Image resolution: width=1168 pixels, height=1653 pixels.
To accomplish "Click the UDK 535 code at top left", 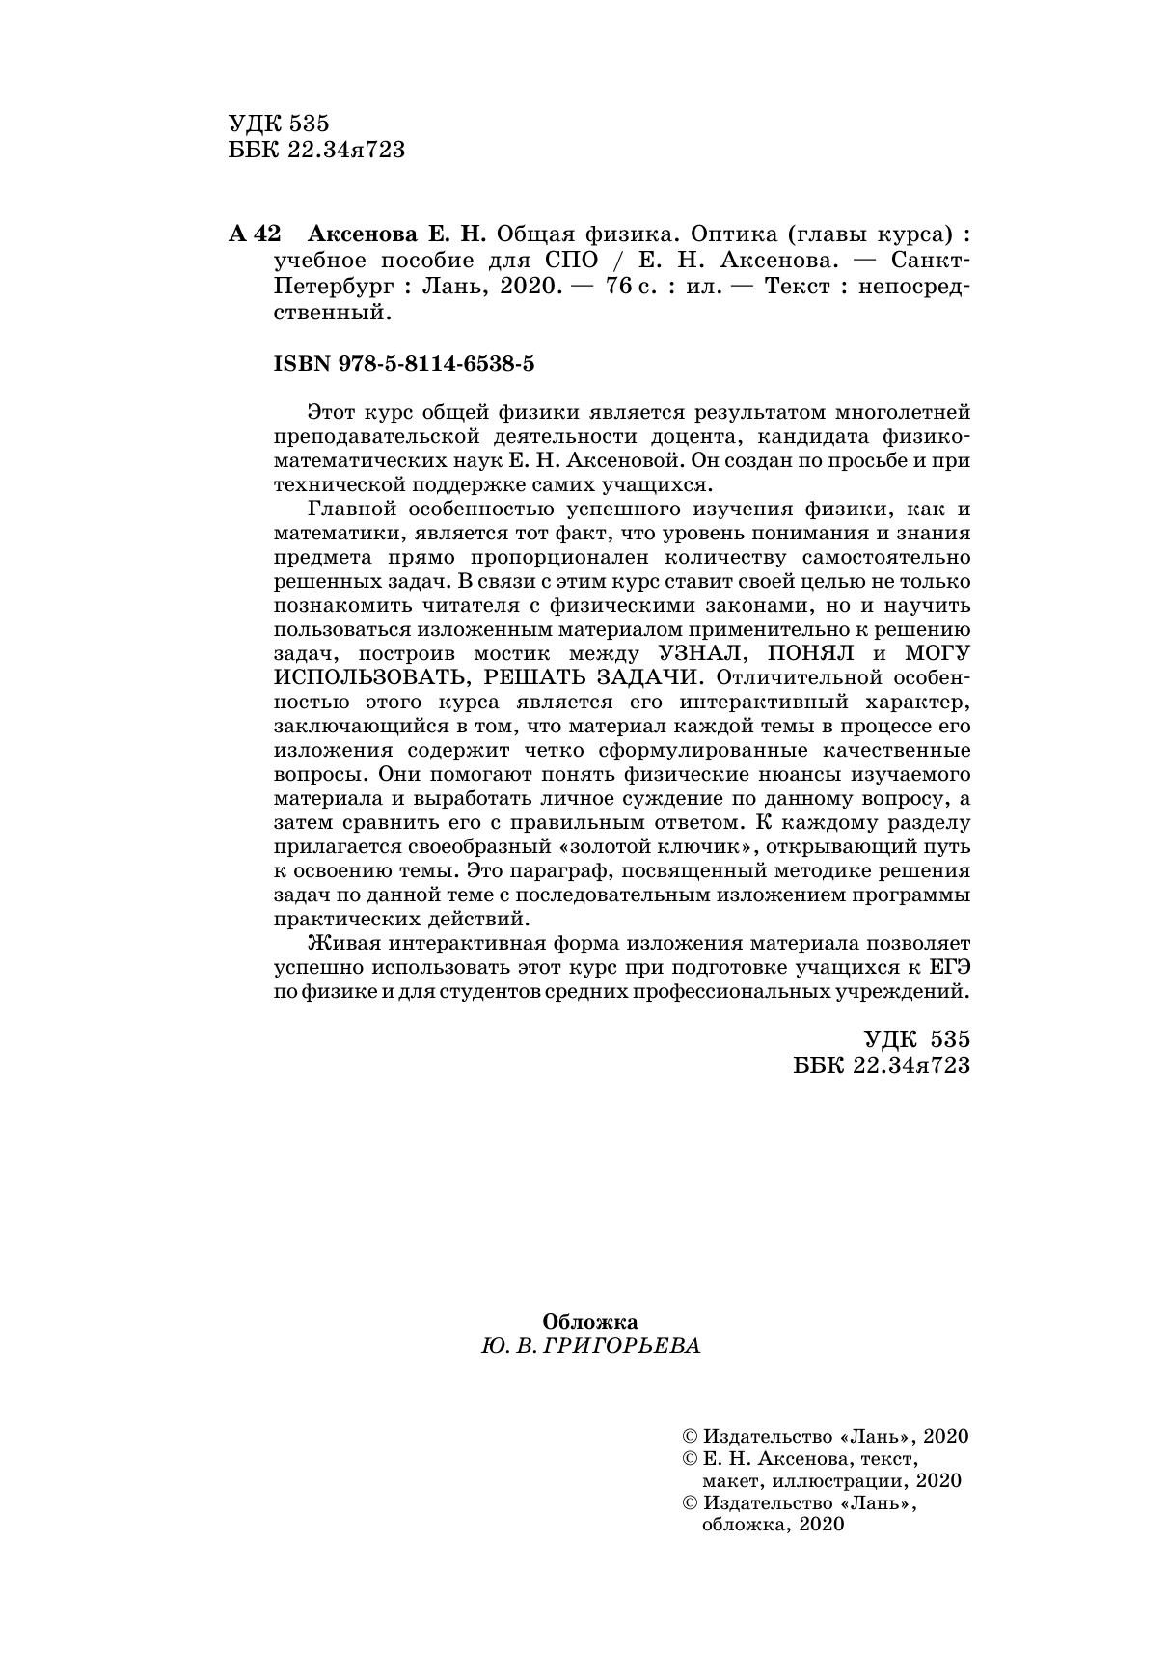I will [x=280, y=124].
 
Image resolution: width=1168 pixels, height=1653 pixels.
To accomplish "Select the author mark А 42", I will [x=255, y=234].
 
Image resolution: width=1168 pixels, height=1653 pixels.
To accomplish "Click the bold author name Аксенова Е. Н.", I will [x=397, y=234].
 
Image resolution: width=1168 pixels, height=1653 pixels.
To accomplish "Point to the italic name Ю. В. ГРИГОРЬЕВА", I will [x=589, y=1346].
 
